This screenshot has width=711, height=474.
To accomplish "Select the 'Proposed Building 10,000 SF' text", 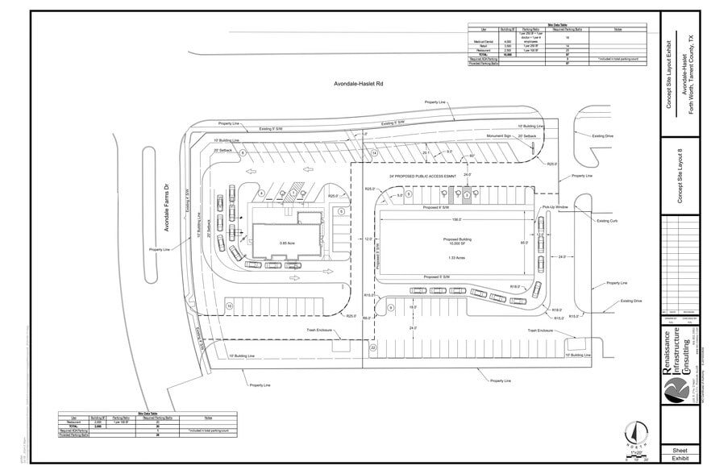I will point(456,243).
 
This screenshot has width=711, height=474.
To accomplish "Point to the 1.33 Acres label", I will point(455,258).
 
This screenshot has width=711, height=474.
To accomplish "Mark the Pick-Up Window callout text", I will point(556,207).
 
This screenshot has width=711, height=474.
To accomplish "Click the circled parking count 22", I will point(373,347).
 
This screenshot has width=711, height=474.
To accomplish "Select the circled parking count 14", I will point(374,152).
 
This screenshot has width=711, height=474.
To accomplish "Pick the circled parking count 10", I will point(230,306).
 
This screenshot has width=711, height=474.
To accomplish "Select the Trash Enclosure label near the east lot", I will point(543,331).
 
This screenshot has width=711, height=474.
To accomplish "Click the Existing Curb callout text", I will point(607,220).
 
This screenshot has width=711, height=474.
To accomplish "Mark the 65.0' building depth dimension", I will point(524,243).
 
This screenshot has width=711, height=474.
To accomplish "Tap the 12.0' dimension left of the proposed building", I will point(368,239).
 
